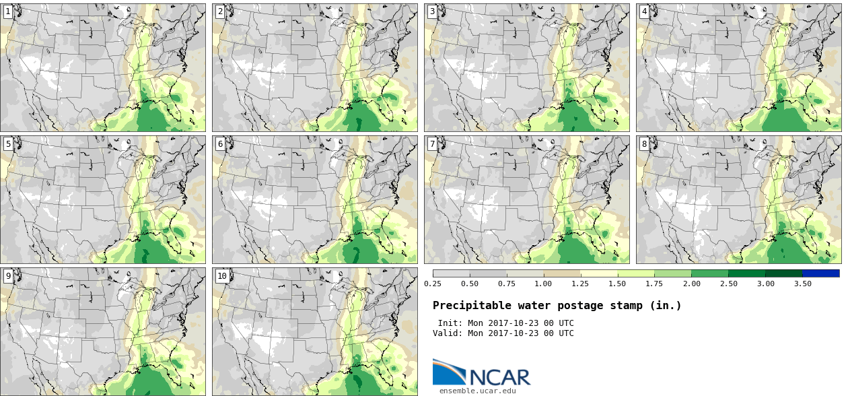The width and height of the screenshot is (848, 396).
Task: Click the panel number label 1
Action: tap(8, 11)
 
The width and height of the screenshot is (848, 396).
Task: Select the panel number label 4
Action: tap(644, 11)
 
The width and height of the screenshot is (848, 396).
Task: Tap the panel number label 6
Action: tap(220, 144)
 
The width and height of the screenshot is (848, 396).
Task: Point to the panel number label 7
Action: tap(432, 144)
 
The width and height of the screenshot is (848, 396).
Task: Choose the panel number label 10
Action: tap(222, 276)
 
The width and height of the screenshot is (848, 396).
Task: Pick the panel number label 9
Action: tap(8, 276)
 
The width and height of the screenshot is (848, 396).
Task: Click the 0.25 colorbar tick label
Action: tap(433, 284)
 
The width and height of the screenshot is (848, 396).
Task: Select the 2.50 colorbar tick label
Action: tap(729, 284)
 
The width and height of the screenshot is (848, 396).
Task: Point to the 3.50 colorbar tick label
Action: tap(802, 284)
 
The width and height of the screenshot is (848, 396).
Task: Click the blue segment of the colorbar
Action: tap(821, 273)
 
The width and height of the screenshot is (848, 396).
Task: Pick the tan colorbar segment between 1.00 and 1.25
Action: tap(562, 273)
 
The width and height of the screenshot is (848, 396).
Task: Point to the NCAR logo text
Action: tap(500, 377)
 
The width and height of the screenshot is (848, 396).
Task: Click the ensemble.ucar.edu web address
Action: tap(477, 391)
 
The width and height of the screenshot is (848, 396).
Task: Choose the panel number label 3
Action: tap(432, 11)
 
